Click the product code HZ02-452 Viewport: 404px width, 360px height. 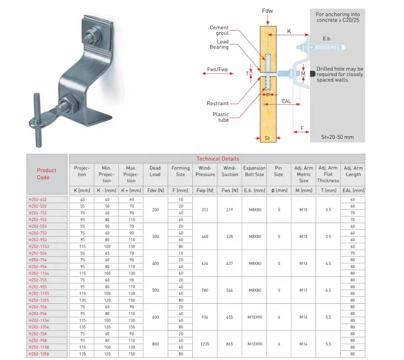pyautogui.click(x=38, y=199)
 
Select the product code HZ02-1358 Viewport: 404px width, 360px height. pyautogui.click(x=39, y=353)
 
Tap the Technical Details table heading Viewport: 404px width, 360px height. pyautogui.click(x=217, y=159)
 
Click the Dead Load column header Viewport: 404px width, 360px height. pyautogui.click(x=155, y=171)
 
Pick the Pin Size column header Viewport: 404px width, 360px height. pyautogui.click(x=279, y=171)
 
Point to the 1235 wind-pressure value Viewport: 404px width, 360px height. pyautogui.click(x=205, y=344)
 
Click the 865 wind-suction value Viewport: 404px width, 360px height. pyautogui.click(x=230, y=344)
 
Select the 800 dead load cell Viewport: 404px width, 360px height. pyautogui.click(x=155, y=344)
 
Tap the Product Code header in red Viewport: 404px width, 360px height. pyautogui.click(x=47, y=174)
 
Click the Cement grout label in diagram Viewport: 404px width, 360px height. pyautogui.click(x=219, y=31)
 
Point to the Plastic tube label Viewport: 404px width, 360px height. pyautogui.click(x=221, y=117)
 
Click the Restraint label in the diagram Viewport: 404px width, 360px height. pyautogui.click(x=218, y=103)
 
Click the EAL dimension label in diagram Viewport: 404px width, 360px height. pyautogui.click(x=286, y=102)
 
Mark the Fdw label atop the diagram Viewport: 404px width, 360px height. pyautogui.click(x=267, y=10)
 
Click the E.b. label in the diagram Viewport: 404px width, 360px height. pyautogui.click(x=327, y=39)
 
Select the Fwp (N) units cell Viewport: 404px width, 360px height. pyautogui.click(x=205, y=190)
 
